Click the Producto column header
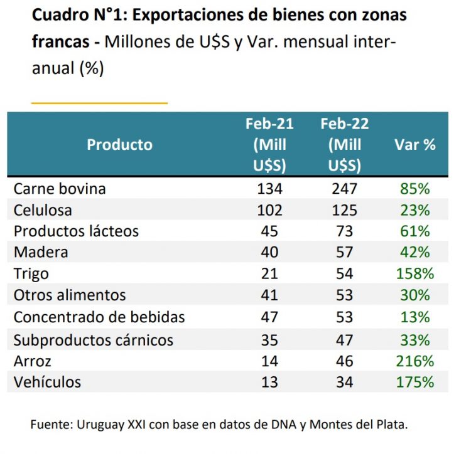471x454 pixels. click(x=119, y=145)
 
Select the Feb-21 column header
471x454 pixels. click(x=269, y=145)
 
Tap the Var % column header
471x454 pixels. click(x=414, y=145)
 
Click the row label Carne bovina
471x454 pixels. click(x=60, y=188)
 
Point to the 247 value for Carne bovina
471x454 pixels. click(x=344, y=188)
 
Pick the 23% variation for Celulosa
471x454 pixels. click(x=414, y=209)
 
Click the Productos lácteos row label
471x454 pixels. click(x=76, y=231)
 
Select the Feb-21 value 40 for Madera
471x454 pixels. click(x=269, y=252)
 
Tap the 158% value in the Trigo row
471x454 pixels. click(x=414, y=274)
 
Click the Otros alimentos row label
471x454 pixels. click(x=70, y=295)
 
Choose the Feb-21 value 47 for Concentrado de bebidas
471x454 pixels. click(x=269, y=317)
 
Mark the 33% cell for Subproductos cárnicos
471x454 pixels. click(x=414, y=340)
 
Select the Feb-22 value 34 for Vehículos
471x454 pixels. click(x=344, y=382)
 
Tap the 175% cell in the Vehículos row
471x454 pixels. click(x=414, y=382)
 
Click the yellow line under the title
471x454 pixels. click(x=99, y=102)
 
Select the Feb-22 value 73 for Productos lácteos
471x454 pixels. click(x=344, y=231)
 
